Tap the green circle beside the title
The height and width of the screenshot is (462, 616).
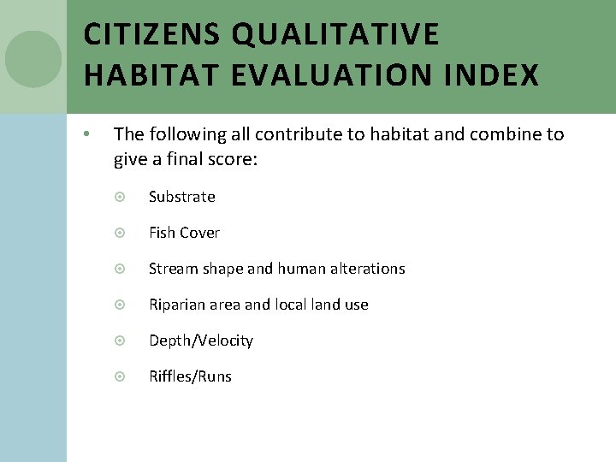tap(33, 59)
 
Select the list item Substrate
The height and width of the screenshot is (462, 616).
tap(181, 197)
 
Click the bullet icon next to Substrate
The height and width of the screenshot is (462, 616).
tap(120, 197)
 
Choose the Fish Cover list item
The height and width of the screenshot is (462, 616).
tap(184, 233)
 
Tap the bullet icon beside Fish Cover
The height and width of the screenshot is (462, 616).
tap(120, 233)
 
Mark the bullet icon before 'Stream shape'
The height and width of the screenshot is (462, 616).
tap(120, 269)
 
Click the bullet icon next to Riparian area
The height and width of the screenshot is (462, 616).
tap(120, 305)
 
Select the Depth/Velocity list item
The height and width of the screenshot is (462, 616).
tap(201, 341)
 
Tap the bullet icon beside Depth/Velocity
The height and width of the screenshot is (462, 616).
tap(120, 341)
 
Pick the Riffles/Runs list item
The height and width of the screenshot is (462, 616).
tap(190, 376)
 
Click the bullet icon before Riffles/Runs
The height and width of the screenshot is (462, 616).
tap(120, 376)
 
